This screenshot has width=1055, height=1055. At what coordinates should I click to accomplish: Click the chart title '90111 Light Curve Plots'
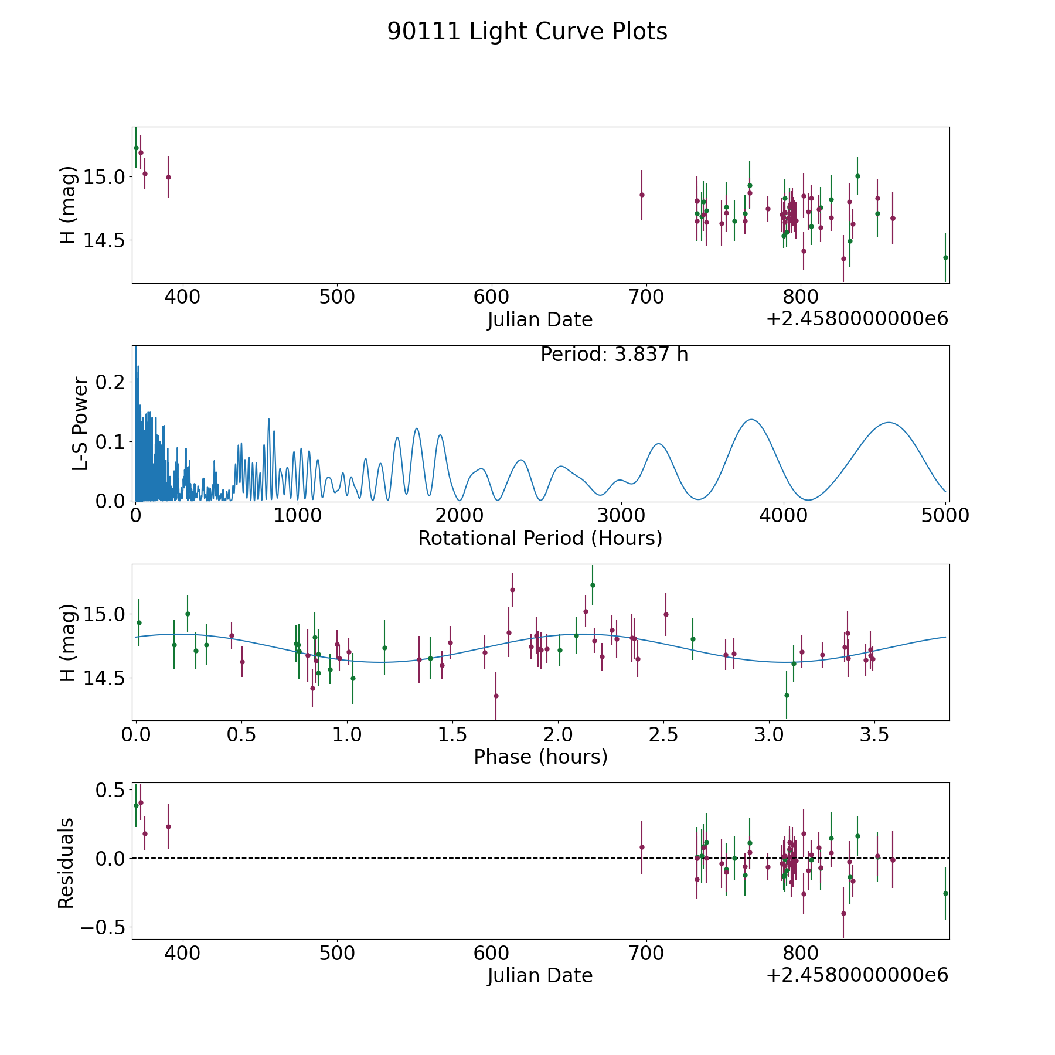coord(527,32)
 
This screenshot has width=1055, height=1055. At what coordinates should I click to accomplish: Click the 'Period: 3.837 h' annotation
coord(614,355)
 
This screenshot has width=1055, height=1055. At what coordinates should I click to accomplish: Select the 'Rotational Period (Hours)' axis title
coord(540,538)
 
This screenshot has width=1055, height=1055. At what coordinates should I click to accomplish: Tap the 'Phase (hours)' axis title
coord(540,757)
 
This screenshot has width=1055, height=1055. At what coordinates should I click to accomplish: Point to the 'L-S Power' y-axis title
coord(80,424)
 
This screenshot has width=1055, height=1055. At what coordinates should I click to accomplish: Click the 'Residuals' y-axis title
coord(66,863)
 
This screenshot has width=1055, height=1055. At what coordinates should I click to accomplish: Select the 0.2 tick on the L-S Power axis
coord(111,382)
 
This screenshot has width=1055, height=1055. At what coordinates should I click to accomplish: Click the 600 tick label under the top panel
coord(491,297)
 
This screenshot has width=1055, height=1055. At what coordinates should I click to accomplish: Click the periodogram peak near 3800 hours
coord(750,420)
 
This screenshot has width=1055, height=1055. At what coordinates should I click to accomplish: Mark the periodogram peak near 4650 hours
coord(889,423)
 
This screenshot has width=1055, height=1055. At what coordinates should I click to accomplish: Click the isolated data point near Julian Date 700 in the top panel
coord(642,195)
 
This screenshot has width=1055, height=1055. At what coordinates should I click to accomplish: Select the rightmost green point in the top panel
coord(945,257)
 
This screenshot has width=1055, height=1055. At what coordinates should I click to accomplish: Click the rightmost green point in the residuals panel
coord(945,893)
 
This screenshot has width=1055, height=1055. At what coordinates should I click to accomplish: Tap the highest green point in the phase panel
coord(593,585)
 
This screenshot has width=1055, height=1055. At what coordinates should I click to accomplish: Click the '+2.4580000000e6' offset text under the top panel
coord(857,319)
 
